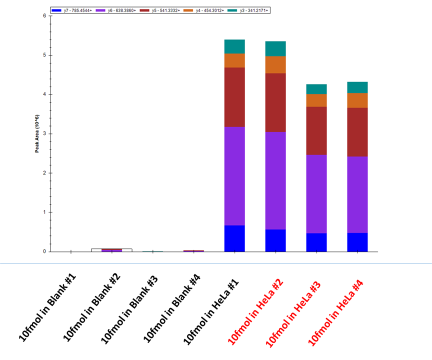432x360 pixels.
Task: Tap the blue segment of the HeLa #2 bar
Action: [x=275, y=240]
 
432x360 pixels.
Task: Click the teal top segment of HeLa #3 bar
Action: [x=316, y=89]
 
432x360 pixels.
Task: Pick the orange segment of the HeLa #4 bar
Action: [x=357, y=100]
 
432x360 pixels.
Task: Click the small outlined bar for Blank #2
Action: [x=111, y=249]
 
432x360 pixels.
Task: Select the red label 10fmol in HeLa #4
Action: [x=336, y=312]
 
